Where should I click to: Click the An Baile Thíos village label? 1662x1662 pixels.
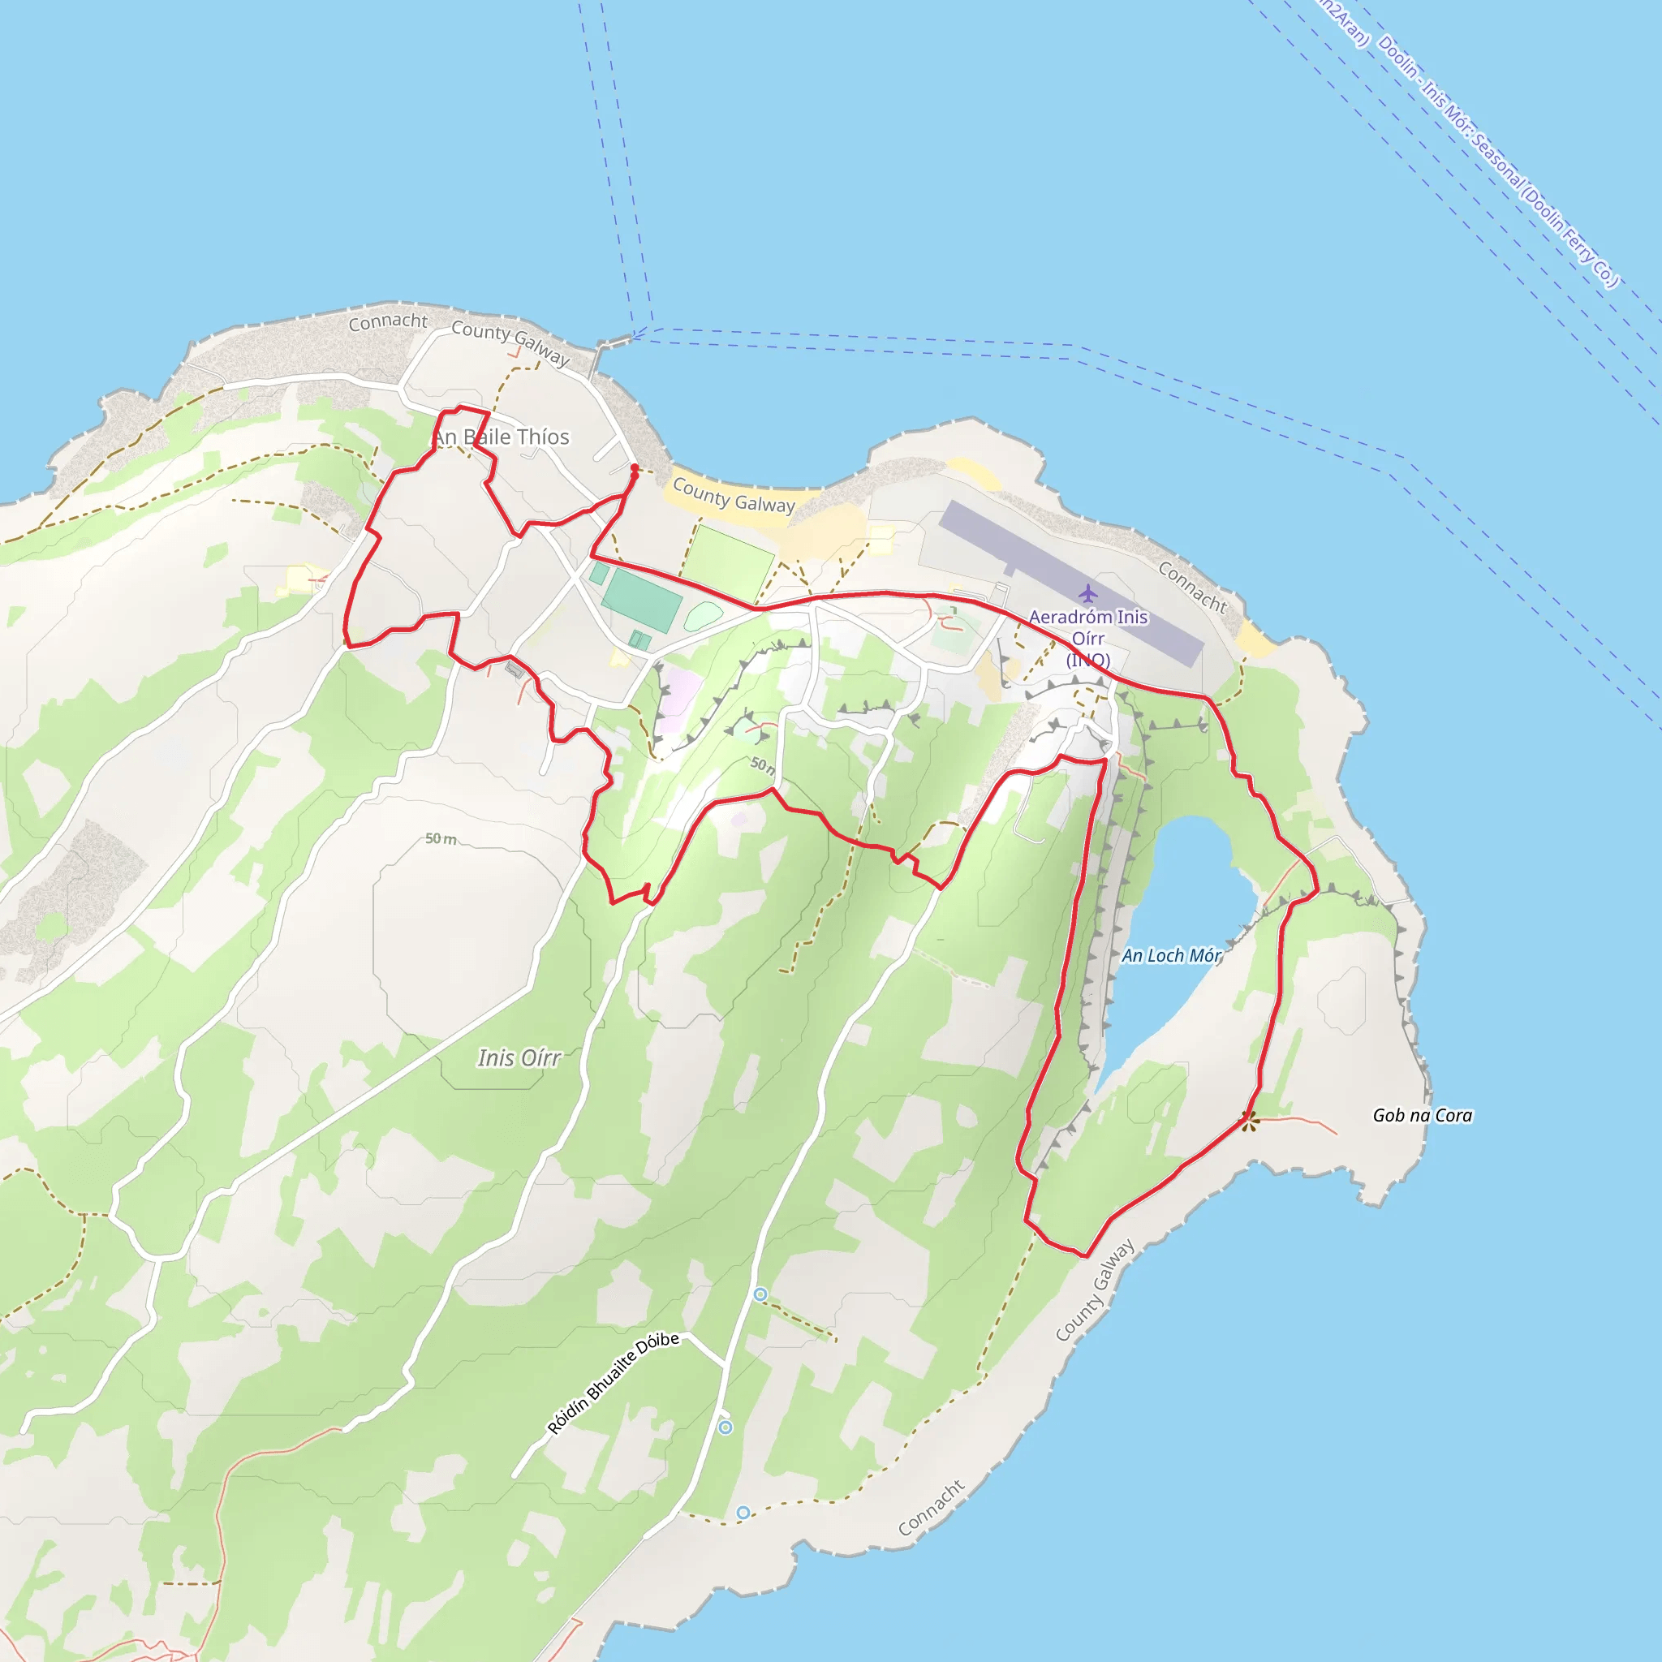coord(501,437)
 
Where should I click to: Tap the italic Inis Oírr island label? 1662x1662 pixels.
coord(519,1057)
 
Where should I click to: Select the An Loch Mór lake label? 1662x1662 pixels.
coord(1171,955)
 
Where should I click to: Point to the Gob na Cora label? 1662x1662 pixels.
coord(1422,1115)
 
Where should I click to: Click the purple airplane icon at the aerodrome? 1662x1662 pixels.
coord(1088,592)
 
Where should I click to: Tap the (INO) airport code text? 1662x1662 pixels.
coord(1088,660)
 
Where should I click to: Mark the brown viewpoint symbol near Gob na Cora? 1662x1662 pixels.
coord(1248,1119)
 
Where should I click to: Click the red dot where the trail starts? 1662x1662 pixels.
coord(634,468)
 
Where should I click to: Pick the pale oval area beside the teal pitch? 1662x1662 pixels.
coord(704,616)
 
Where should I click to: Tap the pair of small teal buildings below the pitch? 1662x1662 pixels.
coord(640,639)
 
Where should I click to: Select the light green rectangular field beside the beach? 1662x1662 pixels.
coord(727,563)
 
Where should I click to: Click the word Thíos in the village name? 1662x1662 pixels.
coord(542,437)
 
